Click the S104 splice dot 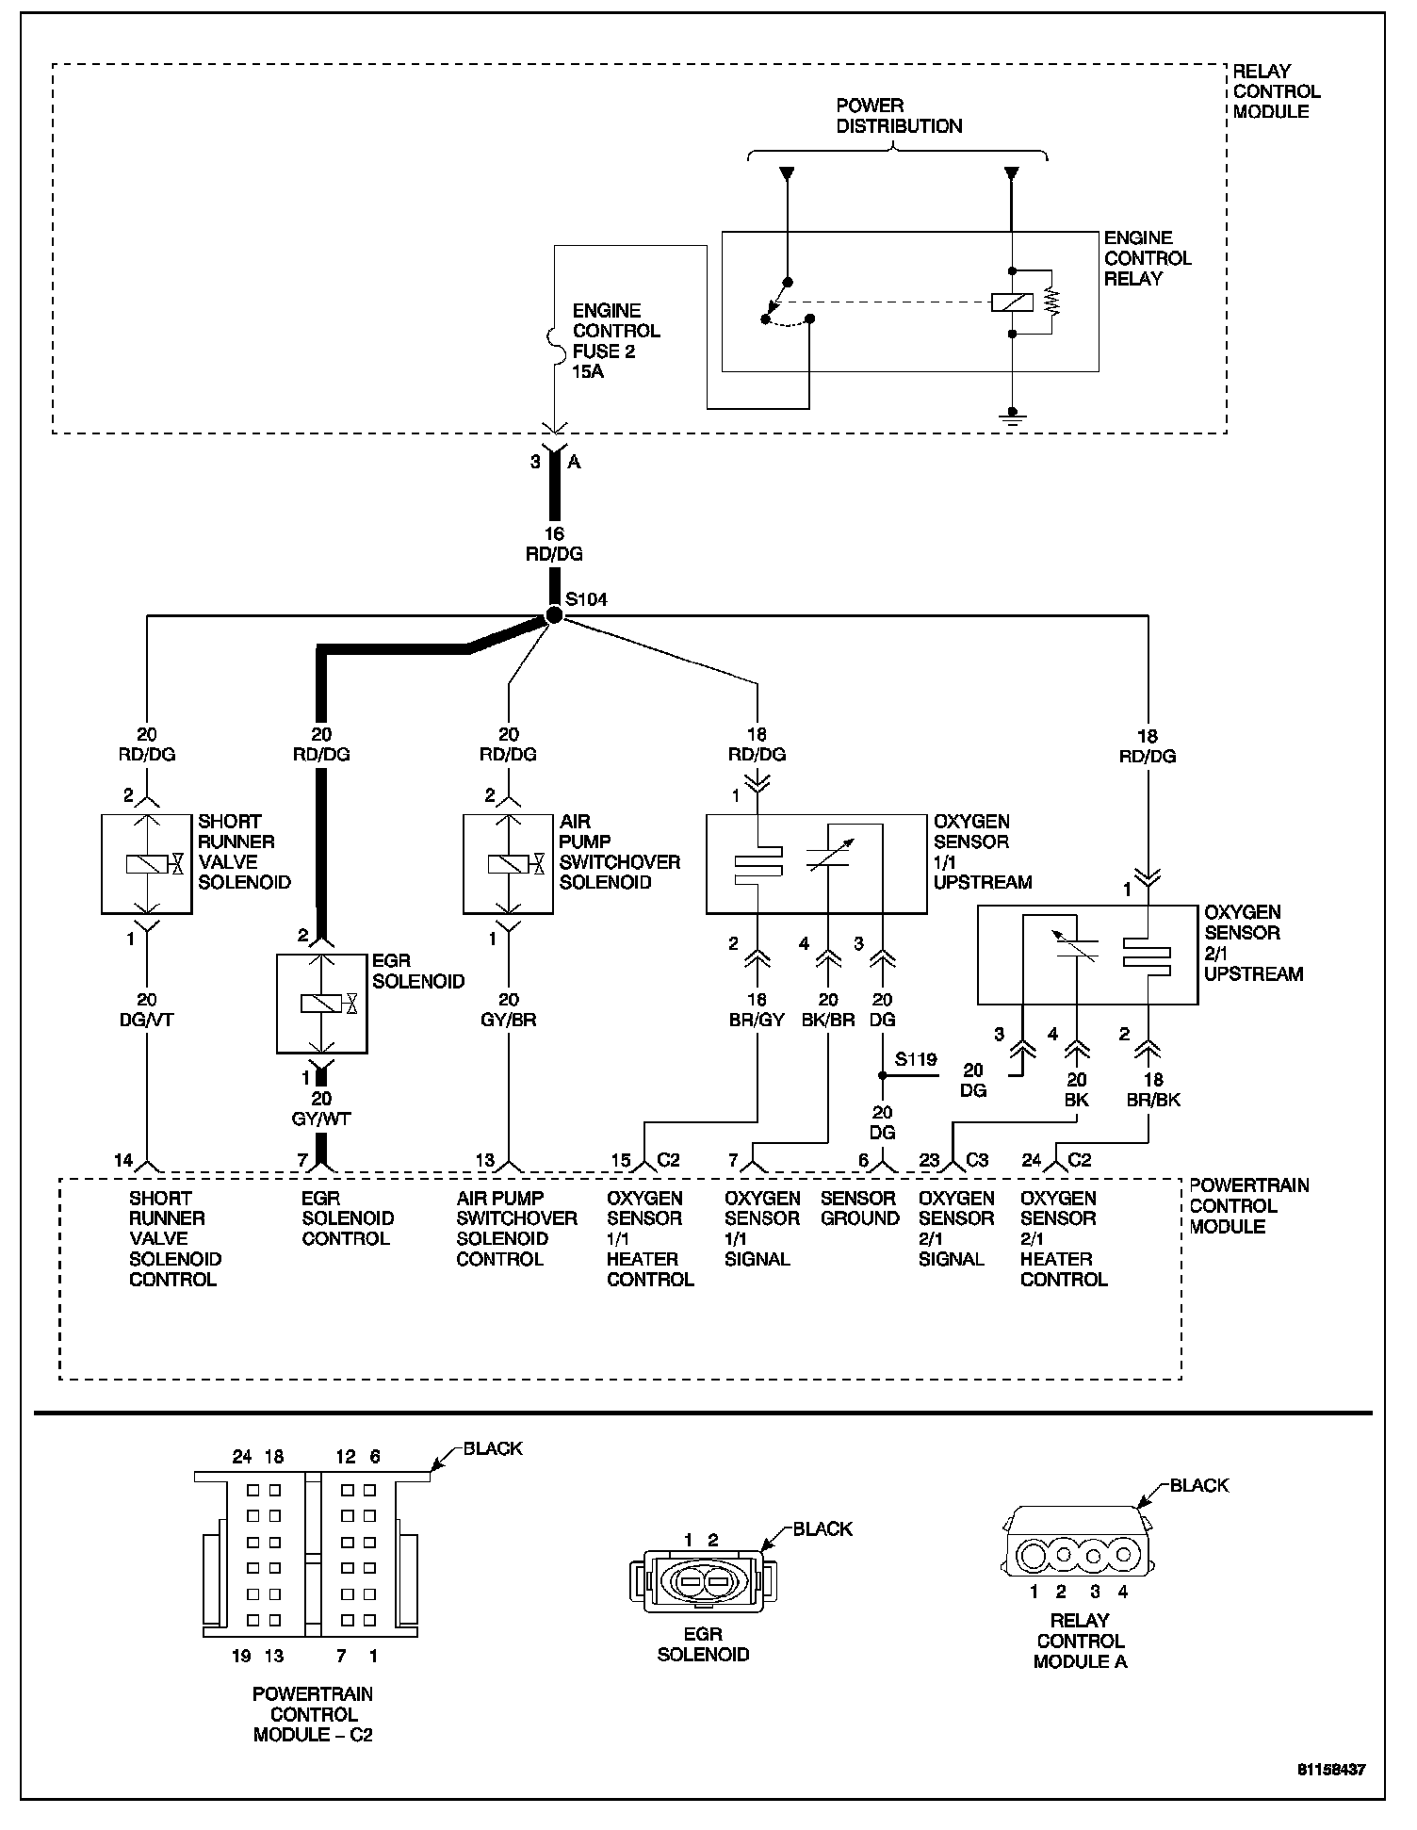554,615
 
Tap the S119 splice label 916,1059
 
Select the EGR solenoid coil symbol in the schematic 321,1004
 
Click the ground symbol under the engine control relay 1012,416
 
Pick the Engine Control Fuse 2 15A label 616,341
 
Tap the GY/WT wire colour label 321,1119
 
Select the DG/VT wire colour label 147,1020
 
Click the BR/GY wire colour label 757,1020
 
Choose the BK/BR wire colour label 828,1020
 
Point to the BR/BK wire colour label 1153,1100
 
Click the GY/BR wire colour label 509,1020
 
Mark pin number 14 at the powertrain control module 123,1160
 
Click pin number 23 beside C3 929,1160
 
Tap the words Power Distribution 899,116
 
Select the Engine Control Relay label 1148,258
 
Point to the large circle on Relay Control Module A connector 1034,1555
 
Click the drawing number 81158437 1331,1770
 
